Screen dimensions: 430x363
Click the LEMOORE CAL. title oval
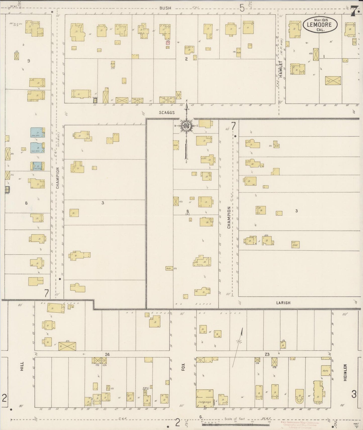(x=320, y=25)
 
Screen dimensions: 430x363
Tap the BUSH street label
(x=165, y=8)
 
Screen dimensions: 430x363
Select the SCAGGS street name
(x=167, y=113)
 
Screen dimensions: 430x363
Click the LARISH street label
(x=283, y=303)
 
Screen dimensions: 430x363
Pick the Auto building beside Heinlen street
(x=326, y=370)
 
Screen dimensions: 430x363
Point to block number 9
(x=29, y=61)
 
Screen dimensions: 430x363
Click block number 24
(x=108, y=354)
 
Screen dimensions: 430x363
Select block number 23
(x=267, y=354)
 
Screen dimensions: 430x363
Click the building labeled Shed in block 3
(x=295, y=244)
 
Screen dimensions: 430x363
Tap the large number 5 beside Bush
(x=242, y=8)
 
